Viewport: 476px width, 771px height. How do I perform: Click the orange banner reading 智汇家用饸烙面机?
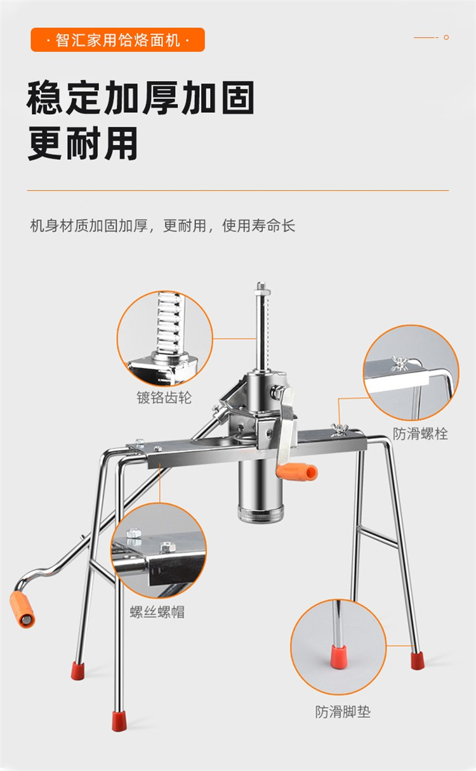(118, 40)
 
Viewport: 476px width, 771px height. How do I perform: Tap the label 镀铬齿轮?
(164, 398)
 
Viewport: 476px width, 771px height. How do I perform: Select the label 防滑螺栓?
(420, 434)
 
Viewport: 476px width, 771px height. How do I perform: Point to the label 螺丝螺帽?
(157, 612)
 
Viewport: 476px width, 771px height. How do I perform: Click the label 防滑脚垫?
(343, 709)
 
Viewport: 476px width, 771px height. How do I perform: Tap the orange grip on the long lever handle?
(22, 609)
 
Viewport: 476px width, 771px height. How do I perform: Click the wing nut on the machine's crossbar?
(339, 429)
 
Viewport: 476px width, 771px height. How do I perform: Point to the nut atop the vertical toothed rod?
(261, 287)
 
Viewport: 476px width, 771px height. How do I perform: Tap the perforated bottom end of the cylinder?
(260, 514)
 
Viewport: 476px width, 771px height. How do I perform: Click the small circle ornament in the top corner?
(446, 37)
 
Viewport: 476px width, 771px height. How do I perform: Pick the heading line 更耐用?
(83, 143)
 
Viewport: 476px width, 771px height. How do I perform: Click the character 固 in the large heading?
(238, 98)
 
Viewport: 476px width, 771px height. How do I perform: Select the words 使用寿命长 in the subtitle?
(259, 226)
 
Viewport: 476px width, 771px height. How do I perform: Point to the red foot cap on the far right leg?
(418, 660)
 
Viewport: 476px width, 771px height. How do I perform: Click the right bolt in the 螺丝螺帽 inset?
(167, 547)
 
